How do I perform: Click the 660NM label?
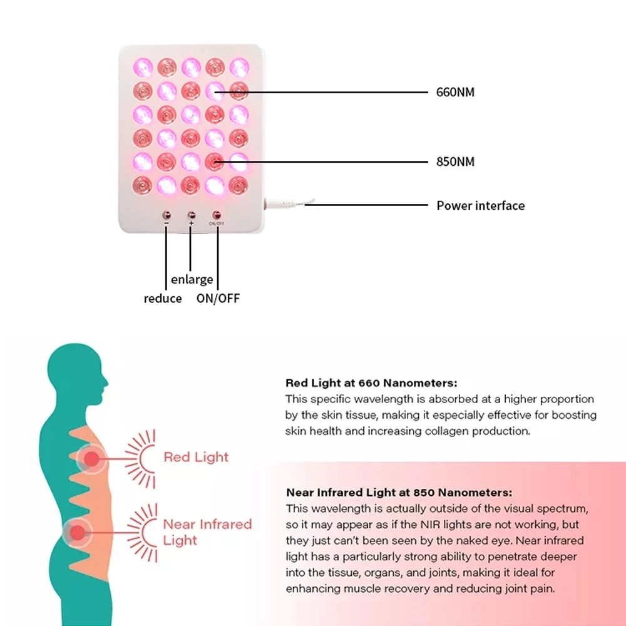pyautogui.click(x=455, y=93)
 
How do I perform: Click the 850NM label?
pyautogui.click(x=455, y=162)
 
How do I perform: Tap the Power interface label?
pyautogui.click(x=480, y=205)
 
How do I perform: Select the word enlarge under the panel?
pyautogui.click(x=192, y=279)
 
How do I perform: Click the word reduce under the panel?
pyautogui.click(x=163, y=299)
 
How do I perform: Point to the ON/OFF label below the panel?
pyautogui.click(x=218, y=299)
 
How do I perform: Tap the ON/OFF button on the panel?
pyautogui.click(x=217, y=215)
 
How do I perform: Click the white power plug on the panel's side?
pyautogui.click(x=279, y=204)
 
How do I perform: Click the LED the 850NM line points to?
pyautogui.click(x=215, y=162)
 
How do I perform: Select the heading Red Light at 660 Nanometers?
pyautogui.click(x=371, y=382)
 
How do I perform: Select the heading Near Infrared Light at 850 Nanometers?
pyautogui.click(x=399, y=492)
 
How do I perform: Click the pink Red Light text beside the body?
pyautogui.click(x=196, y=457)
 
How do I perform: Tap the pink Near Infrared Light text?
pyautogui.click(x=207, y=531)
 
